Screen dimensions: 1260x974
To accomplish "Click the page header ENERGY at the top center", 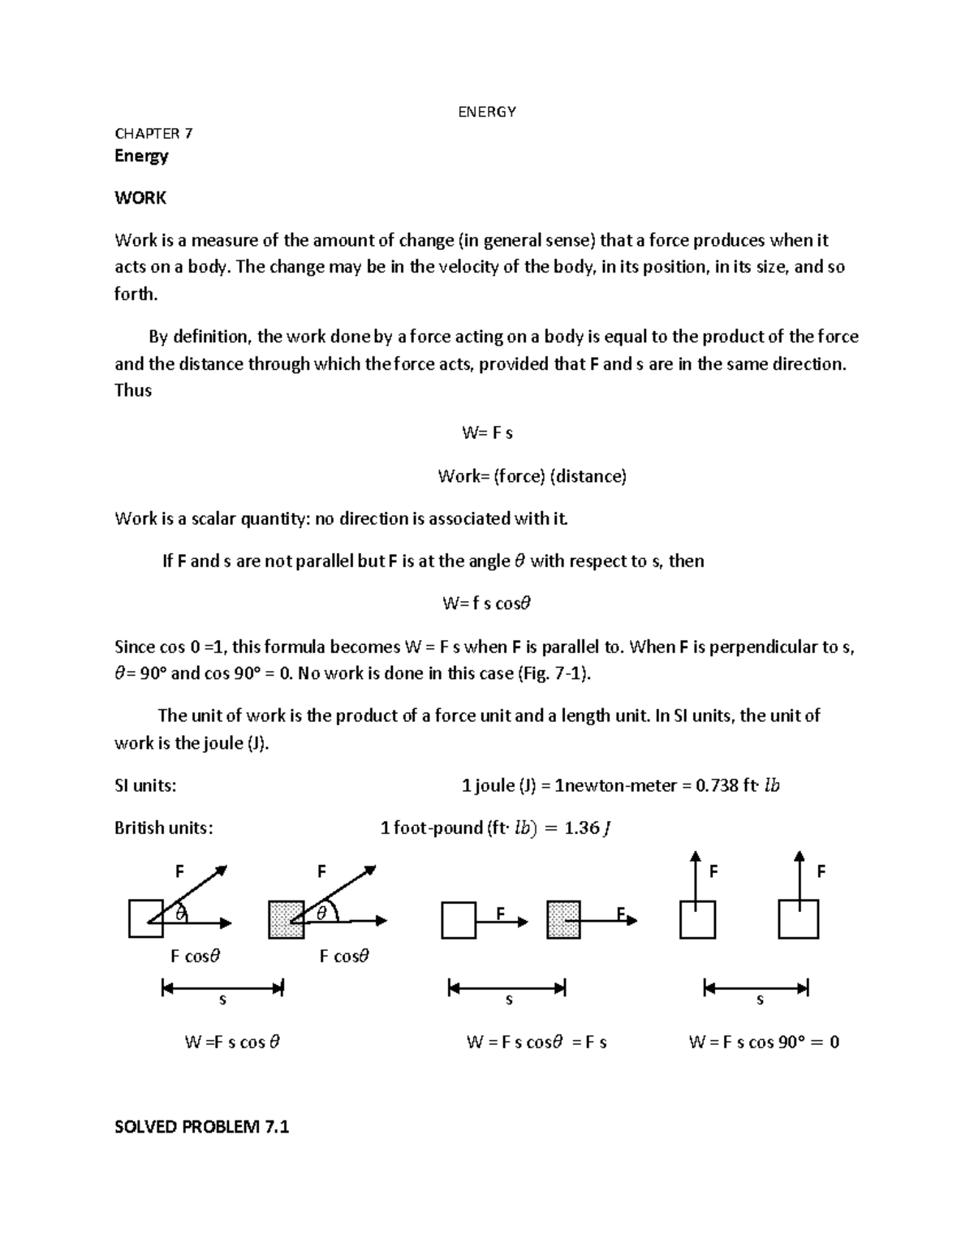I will (x=487, y=112).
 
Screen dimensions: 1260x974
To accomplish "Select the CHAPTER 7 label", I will (x=153, y=134).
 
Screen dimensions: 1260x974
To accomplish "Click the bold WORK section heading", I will (x=140, y=198).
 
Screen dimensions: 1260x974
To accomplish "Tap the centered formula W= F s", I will (x=487, y=433).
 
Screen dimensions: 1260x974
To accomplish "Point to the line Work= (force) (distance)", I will (x=532, y=476).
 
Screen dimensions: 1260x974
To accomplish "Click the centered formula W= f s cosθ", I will (x=486, y=604).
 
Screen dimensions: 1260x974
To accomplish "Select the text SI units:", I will (x=145, y=785).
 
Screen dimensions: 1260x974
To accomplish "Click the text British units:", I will (x=164, y=828).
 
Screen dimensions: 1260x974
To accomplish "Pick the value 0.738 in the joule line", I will (x=718, y=785).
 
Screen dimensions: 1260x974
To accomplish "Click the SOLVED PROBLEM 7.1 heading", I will (x=202, y=1127).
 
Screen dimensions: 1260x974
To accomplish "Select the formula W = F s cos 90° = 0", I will (x=763, y=1043).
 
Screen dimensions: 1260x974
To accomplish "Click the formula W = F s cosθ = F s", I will (x=537, y=1043).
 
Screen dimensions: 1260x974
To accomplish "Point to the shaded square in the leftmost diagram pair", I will (x=286, y=920).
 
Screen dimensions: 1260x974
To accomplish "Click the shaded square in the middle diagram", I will (x=563, y=920).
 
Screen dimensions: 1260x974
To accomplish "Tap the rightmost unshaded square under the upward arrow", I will (x=798, y=920).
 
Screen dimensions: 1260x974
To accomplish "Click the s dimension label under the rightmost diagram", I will (x=760, y=1001).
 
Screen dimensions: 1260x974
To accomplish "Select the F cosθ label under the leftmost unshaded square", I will (x=195, y=957).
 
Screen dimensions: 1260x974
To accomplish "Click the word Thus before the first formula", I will (x=133, y=390).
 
